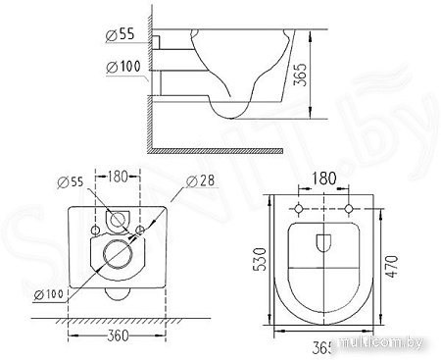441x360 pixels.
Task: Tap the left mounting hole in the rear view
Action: pos(95,229)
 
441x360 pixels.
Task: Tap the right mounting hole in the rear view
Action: pos(140,229)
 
